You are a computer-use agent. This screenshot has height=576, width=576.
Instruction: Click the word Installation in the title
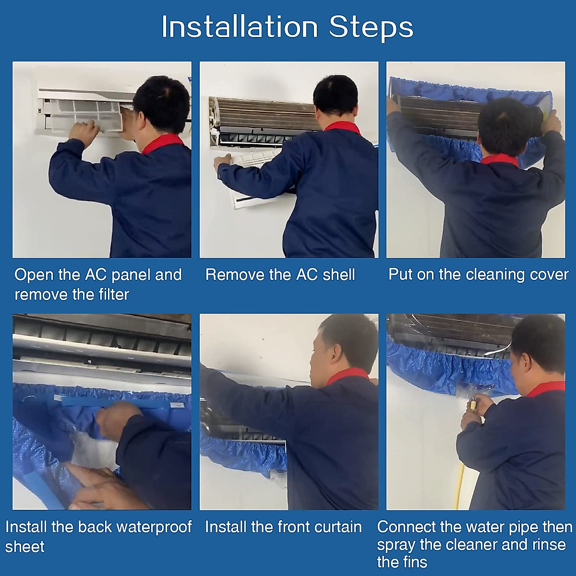(240, 27)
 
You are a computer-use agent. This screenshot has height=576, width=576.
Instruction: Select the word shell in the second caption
(339, 275)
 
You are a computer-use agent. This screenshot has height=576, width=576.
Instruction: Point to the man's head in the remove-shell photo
(336, 96)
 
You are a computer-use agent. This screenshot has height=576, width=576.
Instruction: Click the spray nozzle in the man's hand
(473, 403)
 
